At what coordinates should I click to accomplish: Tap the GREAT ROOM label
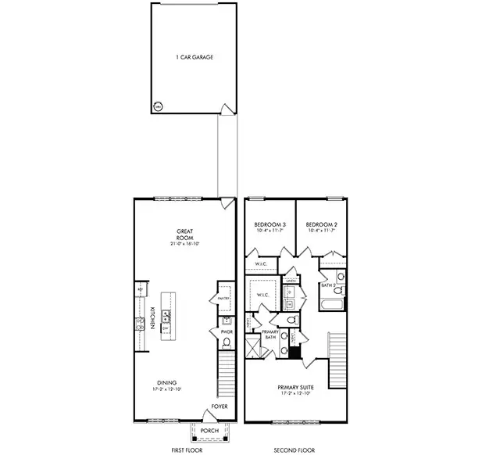point(185,235)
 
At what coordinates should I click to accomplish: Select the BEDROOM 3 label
point(270,224)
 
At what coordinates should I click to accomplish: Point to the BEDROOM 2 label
point(320,224)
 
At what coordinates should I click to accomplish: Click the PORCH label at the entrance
point(210,431)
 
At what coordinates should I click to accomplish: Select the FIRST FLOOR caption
point(187,450)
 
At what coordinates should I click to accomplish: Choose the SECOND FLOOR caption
point(295,450)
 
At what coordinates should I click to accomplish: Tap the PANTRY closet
point(223,298)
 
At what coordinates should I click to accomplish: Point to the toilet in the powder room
point(226,342)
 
